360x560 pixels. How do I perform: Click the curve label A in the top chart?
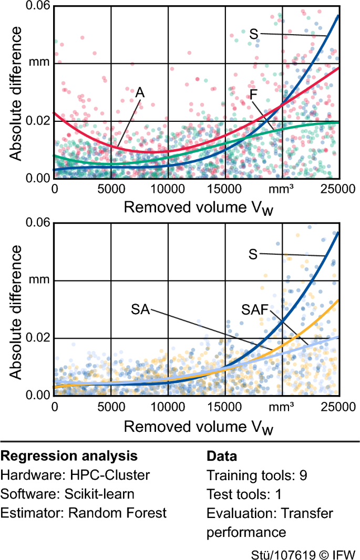tap(140, 92)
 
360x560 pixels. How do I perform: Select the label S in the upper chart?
tap(253, 35)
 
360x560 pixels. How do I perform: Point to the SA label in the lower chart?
tap(140, 310)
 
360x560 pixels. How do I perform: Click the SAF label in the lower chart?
tap(256, 310)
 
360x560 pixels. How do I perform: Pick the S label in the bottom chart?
tap(253, 253)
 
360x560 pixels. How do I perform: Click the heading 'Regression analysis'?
tap(69, 456)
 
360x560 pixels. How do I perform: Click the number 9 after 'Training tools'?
tap(303, 475)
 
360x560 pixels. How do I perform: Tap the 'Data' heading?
tap(221, 456)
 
